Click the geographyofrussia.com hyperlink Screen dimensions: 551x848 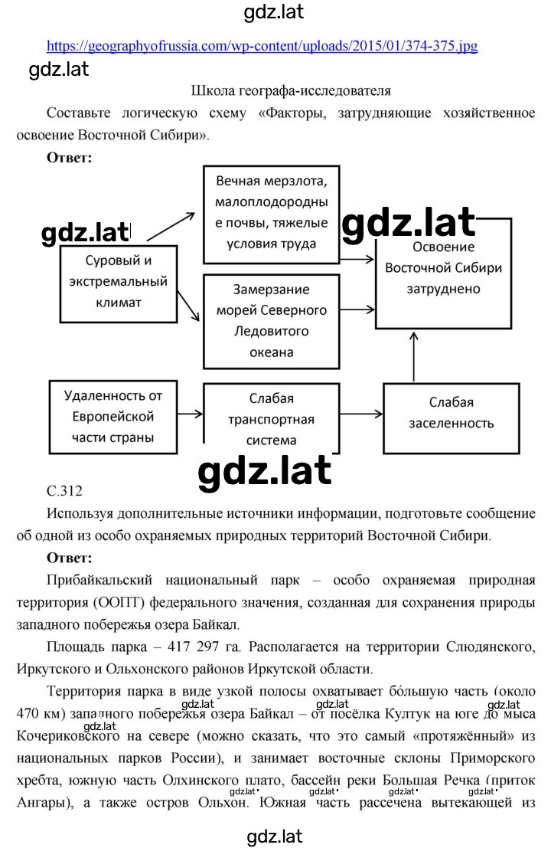[262, 46]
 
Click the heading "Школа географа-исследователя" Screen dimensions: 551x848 [291, 91]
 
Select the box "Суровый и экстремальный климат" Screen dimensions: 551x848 [119, 284]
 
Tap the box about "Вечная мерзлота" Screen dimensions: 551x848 [271, 214]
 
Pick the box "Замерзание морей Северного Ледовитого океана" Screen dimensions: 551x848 [271, 321]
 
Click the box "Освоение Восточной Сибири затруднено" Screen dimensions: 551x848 [444, 273]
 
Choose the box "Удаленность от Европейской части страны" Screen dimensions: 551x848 [113, 417]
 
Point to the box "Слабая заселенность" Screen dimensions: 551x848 [451, 418]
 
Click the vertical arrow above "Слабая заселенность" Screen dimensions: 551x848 [414, 357]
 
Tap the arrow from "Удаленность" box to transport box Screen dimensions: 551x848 [190, 414]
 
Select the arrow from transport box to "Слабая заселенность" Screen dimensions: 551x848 [361, 414]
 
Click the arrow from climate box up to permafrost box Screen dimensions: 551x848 [171, 226]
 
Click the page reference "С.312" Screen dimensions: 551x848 [65, 491]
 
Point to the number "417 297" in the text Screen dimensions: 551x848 [193, 647]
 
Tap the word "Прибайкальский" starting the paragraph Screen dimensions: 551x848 [99, 581]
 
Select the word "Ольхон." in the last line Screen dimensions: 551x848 [223, 803]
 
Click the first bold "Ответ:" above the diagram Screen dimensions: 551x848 [69, 157]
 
